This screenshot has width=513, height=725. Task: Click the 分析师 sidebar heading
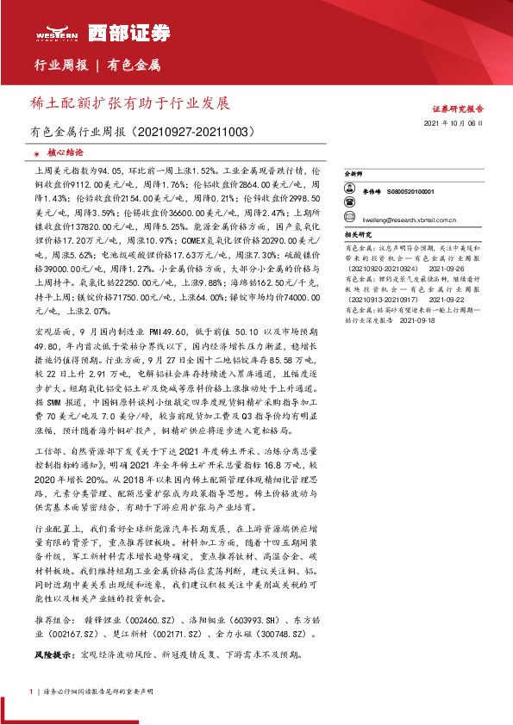point(355,174)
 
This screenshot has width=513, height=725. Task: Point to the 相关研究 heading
point(357,233)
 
